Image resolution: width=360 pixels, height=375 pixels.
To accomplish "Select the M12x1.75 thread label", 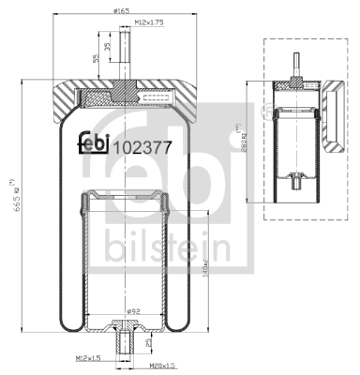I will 148,21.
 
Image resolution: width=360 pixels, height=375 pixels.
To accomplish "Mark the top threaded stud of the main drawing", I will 125,56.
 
